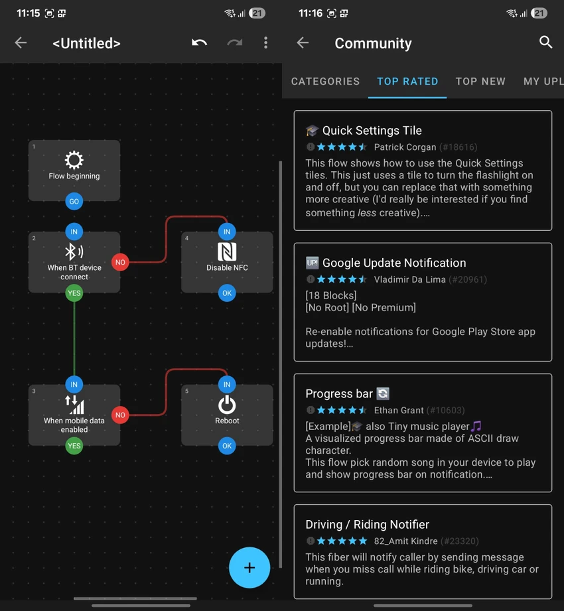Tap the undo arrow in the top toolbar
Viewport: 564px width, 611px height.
[x=199, y=42]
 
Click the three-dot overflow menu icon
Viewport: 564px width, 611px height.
[x=266, y=42]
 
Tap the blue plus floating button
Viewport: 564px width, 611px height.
[x=249, y=567]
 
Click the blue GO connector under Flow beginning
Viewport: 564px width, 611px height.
[x=74, y=202]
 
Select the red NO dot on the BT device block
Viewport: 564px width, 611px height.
[x=120, y=262]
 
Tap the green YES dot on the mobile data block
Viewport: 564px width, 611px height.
[x=74, y=446]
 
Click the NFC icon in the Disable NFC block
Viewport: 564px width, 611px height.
[x=227, y=251]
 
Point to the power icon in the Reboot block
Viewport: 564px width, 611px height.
[x=227, y=405]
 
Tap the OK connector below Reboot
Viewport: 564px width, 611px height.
[x=227, y=446]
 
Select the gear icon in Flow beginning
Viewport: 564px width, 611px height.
[x=74, y=160]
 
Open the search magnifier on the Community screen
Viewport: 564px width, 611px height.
[x=545, y=42]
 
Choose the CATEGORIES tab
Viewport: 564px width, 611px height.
[x=325, y=82]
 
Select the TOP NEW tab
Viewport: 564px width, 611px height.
[x=480, y=82]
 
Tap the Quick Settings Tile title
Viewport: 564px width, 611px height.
[x=372, y=131]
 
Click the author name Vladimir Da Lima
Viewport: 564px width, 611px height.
[x=409, y=279]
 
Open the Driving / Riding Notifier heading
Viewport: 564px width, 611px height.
[x=367, y=525]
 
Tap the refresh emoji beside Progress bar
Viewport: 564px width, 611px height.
[x=383, y=393]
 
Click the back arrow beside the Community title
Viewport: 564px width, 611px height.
[x=303, y=42]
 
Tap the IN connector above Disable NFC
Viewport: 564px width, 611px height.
[x=227, y=232]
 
